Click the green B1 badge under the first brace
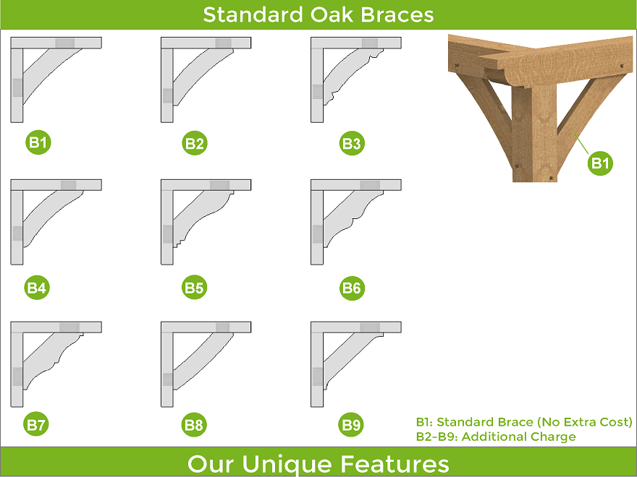[38, 142]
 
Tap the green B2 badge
[195, 143]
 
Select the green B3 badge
[352, 143]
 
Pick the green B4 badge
[37, 288]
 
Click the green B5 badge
[194, 288]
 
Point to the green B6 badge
[352, 288]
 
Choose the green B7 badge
[36, 424]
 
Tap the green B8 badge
[194, 425]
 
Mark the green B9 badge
[351, 425]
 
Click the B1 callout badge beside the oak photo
[600, 163]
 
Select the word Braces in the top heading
[397, 14]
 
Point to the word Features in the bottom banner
[395, 463]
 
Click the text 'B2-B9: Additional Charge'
[496, 437]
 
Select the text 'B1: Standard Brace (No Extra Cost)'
[524, 422]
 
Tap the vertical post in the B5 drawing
[167, 226]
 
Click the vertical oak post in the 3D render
[534, 134]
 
